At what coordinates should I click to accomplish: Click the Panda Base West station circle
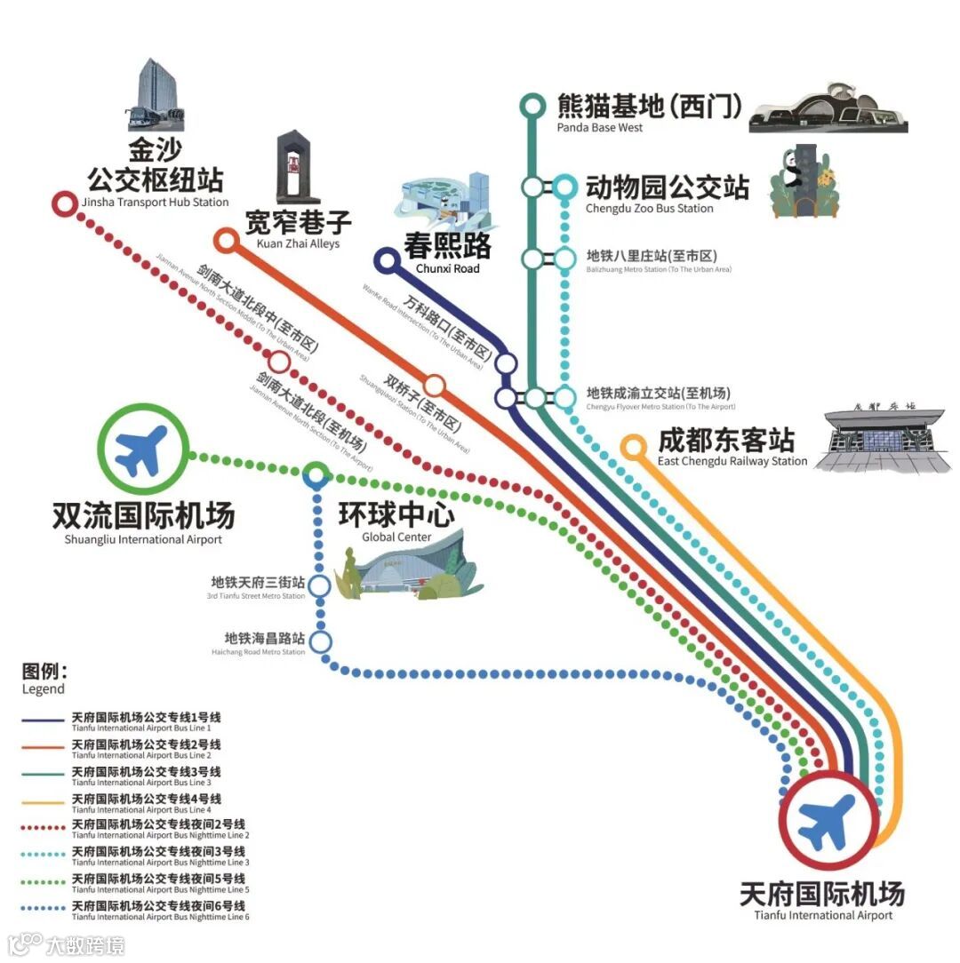pyautogui.click(x=532, y=107)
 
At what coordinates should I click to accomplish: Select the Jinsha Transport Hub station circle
pyautogui.click(x=64, y=204)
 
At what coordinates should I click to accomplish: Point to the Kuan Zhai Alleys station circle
pyautogui.click(x=227, y=239)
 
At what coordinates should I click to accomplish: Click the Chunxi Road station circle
pyautogui.click(x=387, y=260)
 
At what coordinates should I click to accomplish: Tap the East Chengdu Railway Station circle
pyautogui.click(x=632, y=447)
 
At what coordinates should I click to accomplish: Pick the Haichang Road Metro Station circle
pyautogui.click(x=320, y=641)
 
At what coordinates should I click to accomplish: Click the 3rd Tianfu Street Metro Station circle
pyautogui.click(x=319, y=586)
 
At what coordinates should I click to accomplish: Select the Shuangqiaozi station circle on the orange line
pyautogui.click(x=434, y=386)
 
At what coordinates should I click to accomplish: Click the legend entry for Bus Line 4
pyautogui.click(x=147, y=802)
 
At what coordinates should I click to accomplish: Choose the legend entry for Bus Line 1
pyautogui.click(x=147, y=720)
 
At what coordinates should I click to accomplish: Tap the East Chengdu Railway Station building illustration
pyautogui.click(x=880, y=440)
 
